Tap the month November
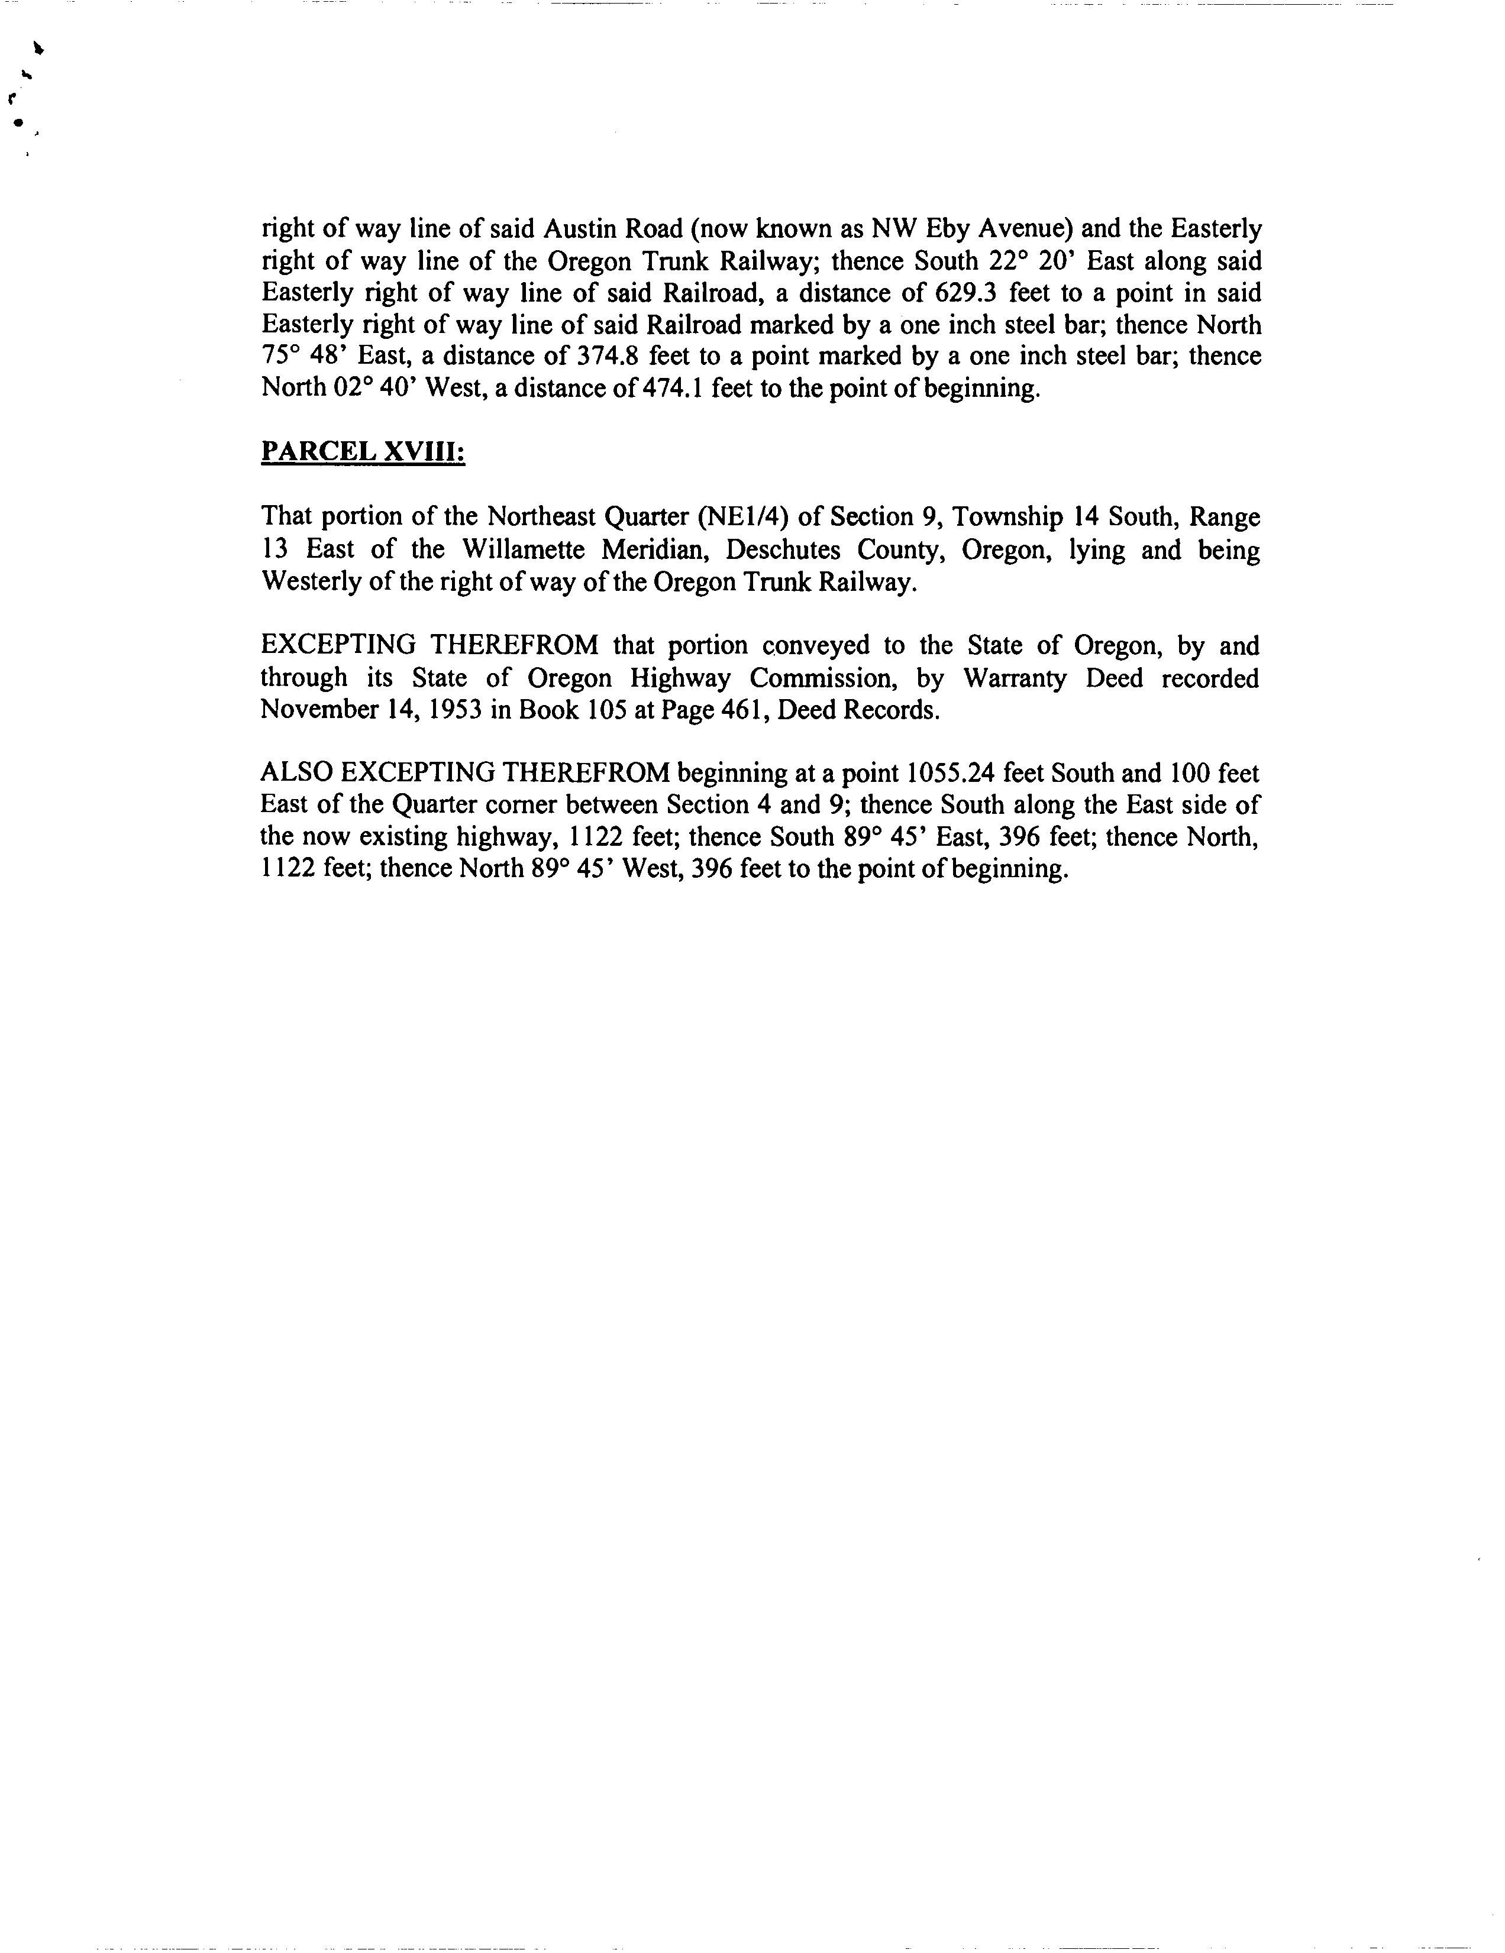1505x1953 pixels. pyautogui.click(x=315, y=710)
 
